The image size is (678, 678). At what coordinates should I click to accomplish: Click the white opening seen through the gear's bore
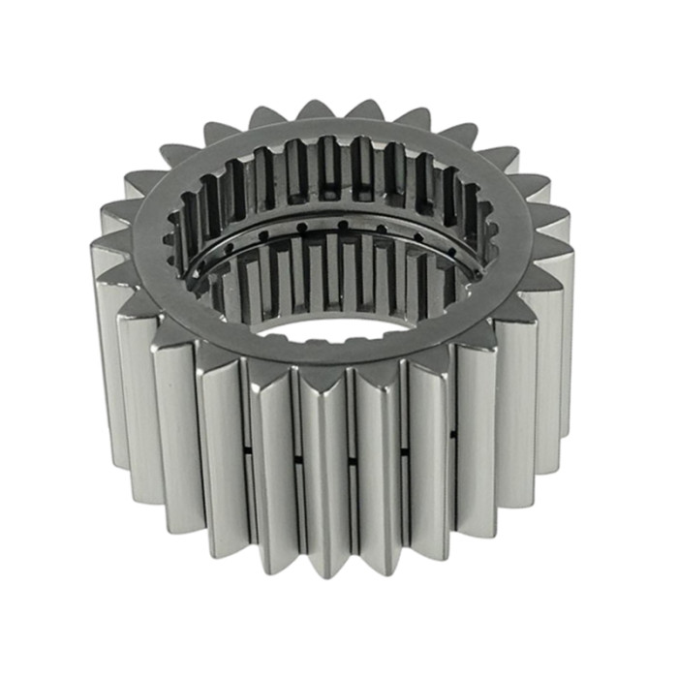[x=339, y=327]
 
